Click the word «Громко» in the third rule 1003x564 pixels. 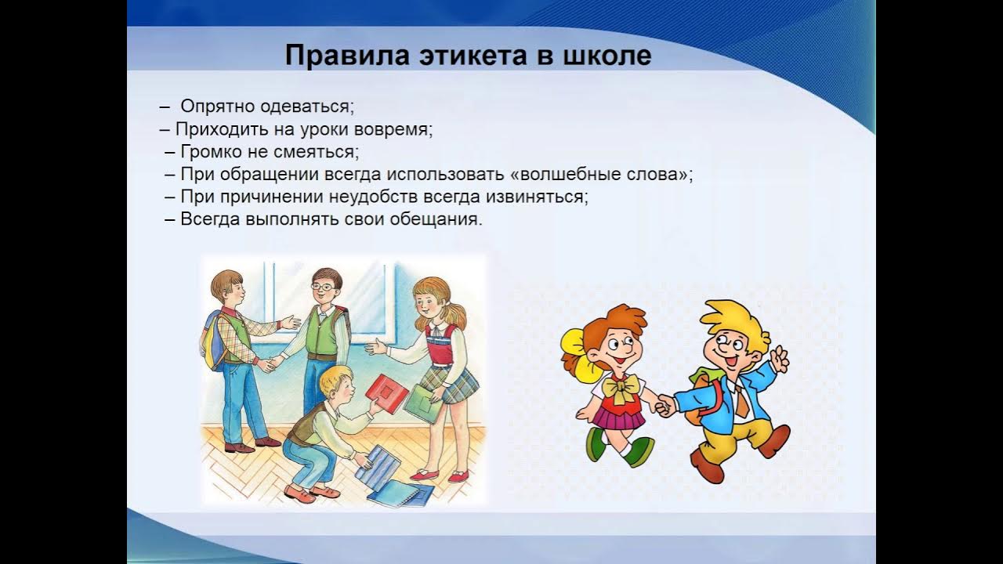(x=211, y=152)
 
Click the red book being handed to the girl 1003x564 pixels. (x=386, y=394)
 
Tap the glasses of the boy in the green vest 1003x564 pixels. (x=324, y=287)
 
